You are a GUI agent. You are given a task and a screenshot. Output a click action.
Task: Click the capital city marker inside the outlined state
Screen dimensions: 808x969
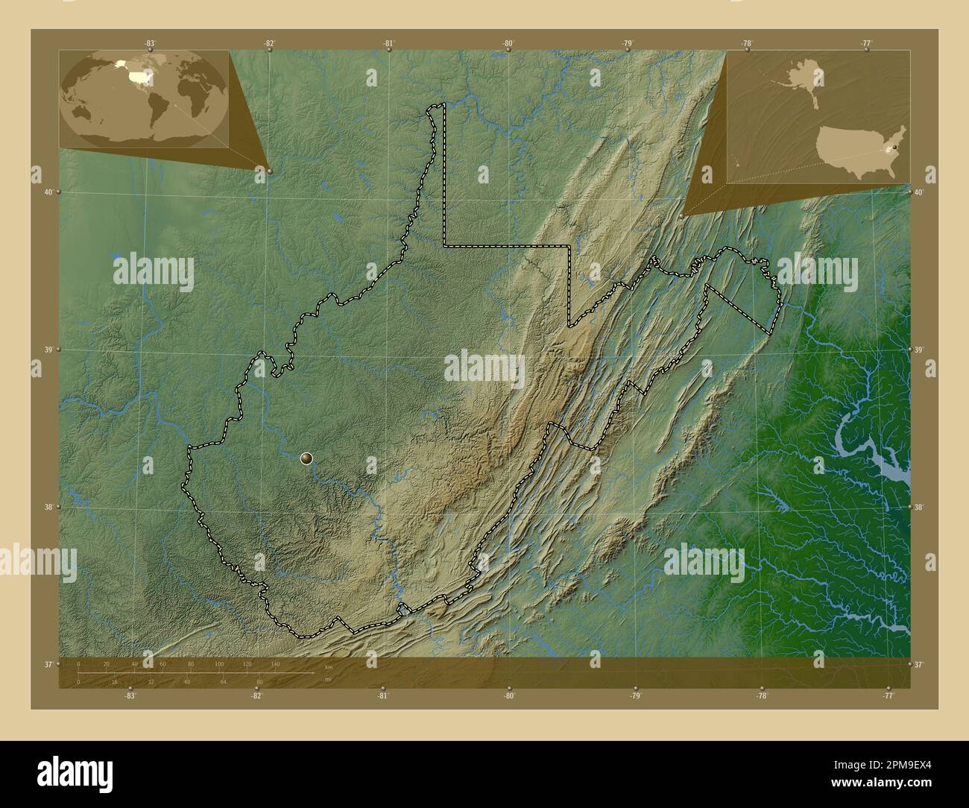coord(306,458)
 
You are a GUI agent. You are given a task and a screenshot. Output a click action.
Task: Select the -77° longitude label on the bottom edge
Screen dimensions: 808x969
coord(888,695)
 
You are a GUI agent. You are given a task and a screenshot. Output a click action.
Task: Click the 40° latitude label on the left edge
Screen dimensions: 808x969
coord(48,192)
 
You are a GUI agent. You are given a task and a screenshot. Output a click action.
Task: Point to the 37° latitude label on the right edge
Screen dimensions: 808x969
coord(920,664)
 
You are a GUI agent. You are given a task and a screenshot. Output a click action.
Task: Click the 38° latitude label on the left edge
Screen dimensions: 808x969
coord(48,507)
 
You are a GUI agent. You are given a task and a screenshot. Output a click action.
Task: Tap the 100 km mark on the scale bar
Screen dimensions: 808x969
coord(218,663)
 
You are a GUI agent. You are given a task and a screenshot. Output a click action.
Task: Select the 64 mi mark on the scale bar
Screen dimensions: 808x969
coord(223,681)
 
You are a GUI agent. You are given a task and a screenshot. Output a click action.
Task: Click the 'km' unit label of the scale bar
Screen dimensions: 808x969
coord(329,667)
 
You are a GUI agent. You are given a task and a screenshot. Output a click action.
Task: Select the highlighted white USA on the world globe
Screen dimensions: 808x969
coord(139,76)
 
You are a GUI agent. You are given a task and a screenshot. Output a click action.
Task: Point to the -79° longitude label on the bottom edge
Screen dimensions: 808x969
coord(634,695)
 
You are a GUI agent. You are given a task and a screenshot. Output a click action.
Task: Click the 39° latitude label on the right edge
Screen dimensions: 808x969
coord(920,350)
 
